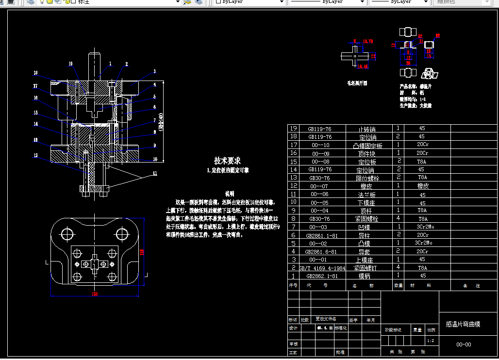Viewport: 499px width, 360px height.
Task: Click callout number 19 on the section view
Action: [71, 64]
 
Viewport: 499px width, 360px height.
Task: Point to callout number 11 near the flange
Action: [155, 173]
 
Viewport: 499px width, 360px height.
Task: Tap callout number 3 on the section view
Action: [154, 71]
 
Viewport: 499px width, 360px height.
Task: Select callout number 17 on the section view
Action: [35, 86]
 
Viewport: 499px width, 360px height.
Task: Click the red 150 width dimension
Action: [94, 294]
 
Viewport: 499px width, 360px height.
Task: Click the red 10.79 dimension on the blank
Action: [368, 41]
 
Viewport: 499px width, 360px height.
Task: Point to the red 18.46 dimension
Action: [362, 65]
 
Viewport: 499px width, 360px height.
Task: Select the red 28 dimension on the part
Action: [408, 63]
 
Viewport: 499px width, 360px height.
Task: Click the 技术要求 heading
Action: [227, 161]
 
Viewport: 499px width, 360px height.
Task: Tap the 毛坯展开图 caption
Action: [357, 83]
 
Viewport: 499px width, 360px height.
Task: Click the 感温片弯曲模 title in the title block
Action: [463, 324]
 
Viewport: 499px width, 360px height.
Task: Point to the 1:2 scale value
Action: [430, 341]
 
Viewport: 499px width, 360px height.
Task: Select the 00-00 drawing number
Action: [464, 344]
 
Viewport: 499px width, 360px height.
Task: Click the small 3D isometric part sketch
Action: [429, 73]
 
